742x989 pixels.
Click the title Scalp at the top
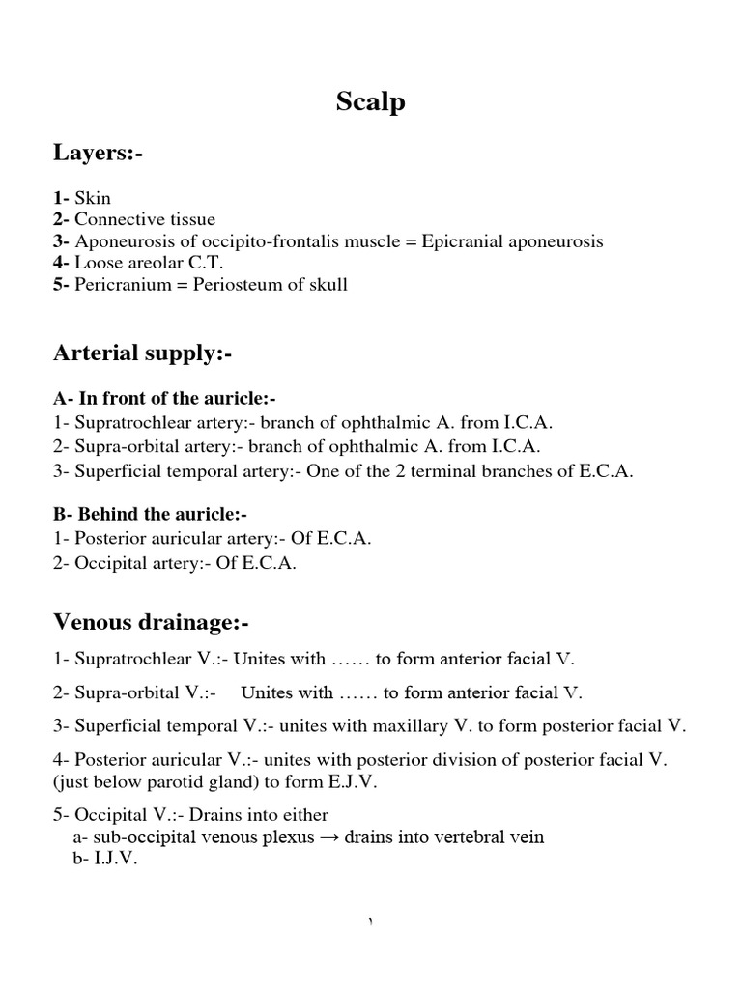(370, 102)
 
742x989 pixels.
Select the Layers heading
(98, 152)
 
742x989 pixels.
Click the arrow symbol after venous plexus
(329, 837)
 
